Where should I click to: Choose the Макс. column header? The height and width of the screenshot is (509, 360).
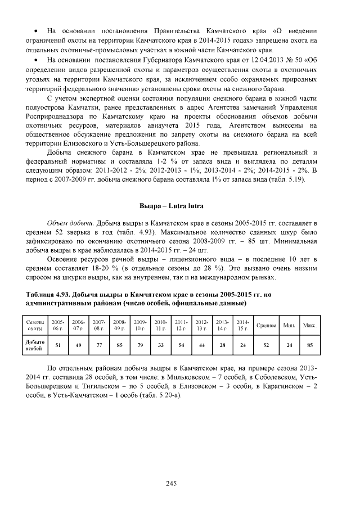click(309, 325)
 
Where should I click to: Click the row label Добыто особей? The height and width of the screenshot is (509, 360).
click(35, 345)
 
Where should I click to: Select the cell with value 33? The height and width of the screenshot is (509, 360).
click(160, 345)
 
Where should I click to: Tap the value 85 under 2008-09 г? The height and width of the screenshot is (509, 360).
click(119, 345)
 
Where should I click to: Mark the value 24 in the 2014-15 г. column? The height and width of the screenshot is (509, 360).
click(243, 345)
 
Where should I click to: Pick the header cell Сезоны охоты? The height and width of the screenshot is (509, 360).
click(35, 325)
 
